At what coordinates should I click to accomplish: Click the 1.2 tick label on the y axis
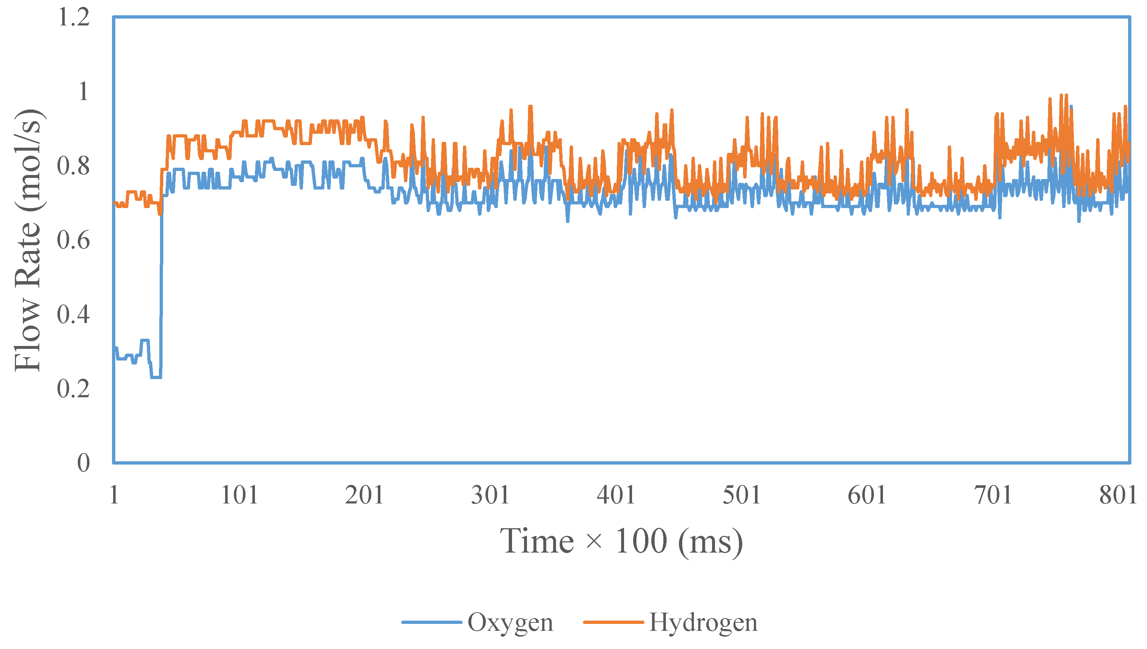(x=73, y=17)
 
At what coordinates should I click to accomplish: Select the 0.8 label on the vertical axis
(x=73, y=166)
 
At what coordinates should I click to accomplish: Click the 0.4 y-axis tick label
(x=73, y=315)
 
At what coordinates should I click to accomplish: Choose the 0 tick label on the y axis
(x=83, y=463)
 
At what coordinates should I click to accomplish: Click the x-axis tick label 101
(x=240, y=495)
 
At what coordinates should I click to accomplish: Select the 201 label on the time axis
(x=364, y=495)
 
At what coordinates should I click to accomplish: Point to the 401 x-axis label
(x=616, y=495)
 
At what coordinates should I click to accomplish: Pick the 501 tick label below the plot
(x=742, y=495)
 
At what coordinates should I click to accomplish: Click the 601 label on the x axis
(x=867, y=495)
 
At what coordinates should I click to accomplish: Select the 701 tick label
(x=993, y=495)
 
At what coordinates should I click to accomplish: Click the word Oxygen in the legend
(x=510, y=623)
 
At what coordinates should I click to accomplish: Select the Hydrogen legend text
(x=703, y=623)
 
